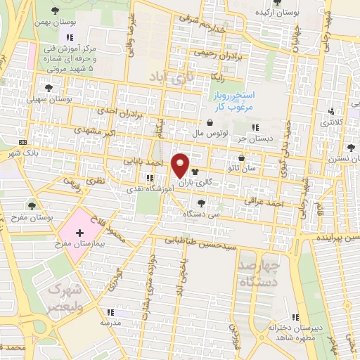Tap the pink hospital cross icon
click(79, 233)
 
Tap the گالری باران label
click(212, 181)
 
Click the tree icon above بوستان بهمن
click(55, 10)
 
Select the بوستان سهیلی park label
click(50, 99)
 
